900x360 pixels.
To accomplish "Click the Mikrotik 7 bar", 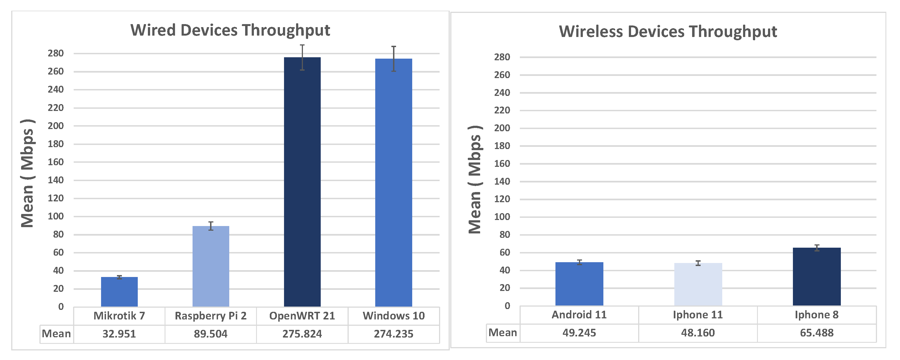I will (119, 292).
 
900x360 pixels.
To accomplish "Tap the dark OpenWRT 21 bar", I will (302, 182).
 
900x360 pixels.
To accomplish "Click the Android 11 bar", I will (579, 284).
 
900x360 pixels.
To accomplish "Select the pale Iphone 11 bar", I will (698, 284).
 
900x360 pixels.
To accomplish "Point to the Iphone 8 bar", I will (816, 276).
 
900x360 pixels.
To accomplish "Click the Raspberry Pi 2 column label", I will (211, 316).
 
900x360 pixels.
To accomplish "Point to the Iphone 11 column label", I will (698, 315).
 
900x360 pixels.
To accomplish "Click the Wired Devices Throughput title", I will (230, 30).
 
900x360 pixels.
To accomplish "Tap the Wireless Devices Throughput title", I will (668, 32).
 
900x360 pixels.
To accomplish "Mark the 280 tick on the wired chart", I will (56, 53).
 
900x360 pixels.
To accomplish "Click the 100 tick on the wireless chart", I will (502, 217).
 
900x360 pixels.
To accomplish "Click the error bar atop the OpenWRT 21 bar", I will (302, 57).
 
